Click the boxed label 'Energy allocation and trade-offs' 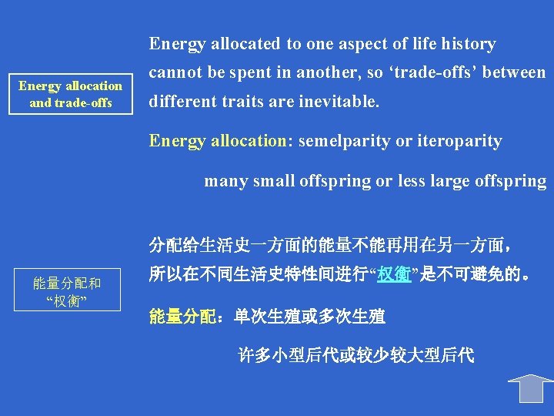coord(71,94)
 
